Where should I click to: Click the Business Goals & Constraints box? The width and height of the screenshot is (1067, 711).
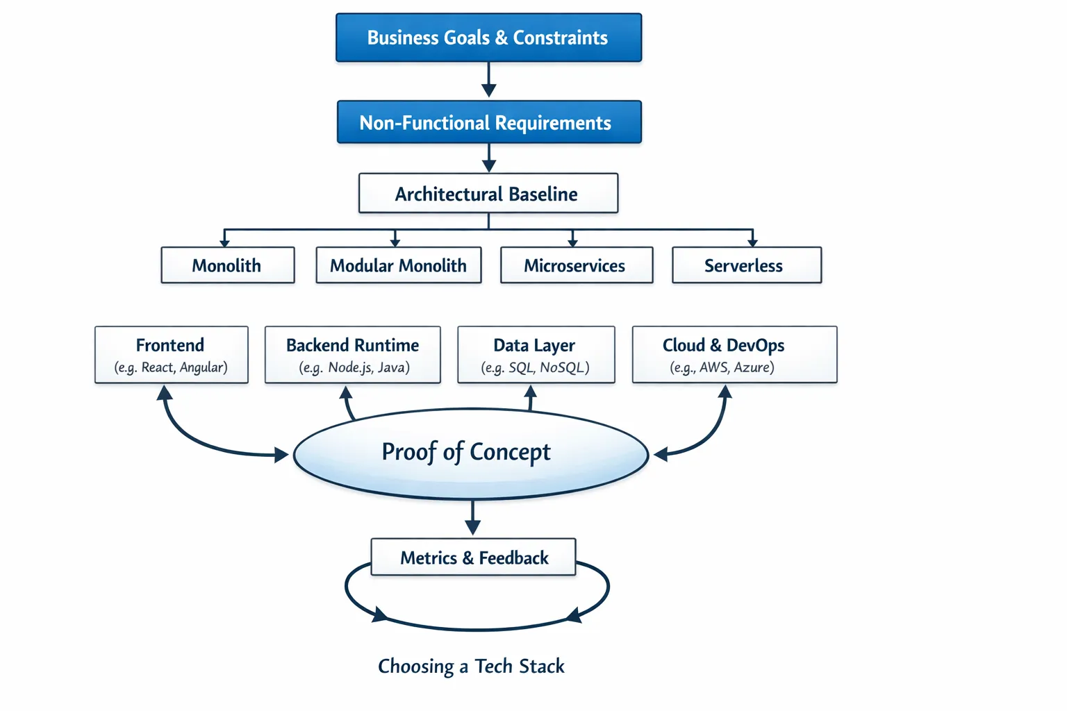pyautogui.click(x=488, y=38)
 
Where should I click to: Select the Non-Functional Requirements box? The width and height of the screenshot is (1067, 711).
pyautogui.click(x=489, y=123)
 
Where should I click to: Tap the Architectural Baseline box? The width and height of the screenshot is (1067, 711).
pyautogui.click(x=488, y=194)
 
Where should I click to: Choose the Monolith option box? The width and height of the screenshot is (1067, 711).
pyautogui.click(x=227, y=265)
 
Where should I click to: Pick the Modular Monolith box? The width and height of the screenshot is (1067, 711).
pyautogui.click(x=398, y=265)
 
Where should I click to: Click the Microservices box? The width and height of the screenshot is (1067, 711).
pyautogui.click(x=576, y=265)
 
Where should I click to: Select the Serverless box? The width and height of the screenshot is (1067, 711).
pyautogui.click(x=746, y=265)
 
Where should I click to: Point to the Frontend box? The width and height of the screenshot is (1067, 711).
pyautogui.click(x=171, y=355)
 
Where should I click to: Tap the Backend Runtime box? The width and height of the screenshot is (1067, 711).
pyautogui.click(x=352, y=355)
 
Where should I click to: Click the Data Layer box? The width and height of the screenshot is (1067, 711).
pyautogui.click(x=536, y=355)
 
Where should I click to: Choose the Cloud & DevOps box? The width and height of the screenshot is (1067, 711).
pyautogui.click(x=734, y=355)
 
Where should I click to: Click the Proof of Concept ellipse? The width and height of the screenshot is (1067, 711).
pyautogui.click(x=471, y=453)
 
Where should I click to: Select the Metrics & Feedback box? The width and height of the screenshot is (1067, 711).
pyautogui.click(x=473, y=558)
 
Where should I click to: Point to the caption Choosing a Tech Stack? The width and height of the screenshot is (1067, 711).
pyautogui.click(x=471, y=667)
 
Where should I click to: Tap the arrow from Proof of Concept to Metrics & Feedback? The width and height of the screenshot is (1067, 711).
pyautogui.click(x=472, y=518)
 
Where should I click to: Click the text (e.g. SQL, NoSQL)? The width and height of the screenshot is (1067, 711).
pyautogui.click(x=535, y=368)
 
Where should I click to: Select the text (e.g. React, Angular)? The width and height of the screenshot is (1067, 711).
pyautogui.click(x=171, y=368)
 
